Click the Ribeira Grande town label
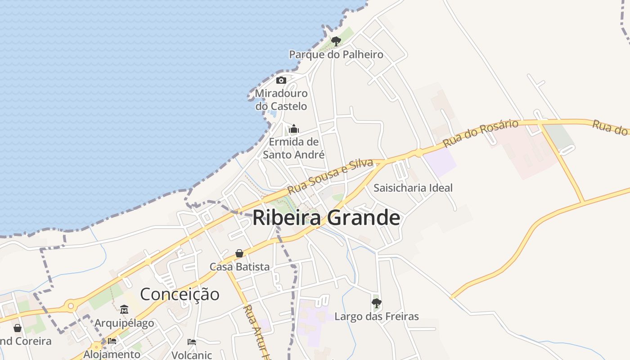coord(326,218)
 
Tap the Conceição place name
coord(180,294)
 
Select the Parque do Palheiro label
coord(336,54)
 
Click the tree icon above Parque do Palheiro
coord(336,41)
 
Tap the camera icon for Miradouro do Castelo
coord(281,81)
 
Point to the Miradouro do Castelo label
coord(281,100)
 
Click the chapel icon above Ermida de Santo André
coord(294,129)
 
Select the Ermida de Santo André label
coord(294,148)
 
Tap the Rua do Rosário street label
coord(481,133)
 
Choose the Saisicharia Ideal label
coord(413,188)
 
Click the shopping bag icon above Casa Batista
coord(239,253)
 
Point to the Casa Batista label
coord(239,266)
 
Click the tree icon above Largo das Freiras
coord(377,303)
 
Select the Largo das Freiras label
coord(377,316)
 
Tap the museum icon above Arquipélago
coord(124,310)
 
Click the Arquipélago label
coord(124,323)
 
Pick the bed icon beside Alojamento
coord(112,341)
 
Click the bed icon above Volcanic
coord(192,342)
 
